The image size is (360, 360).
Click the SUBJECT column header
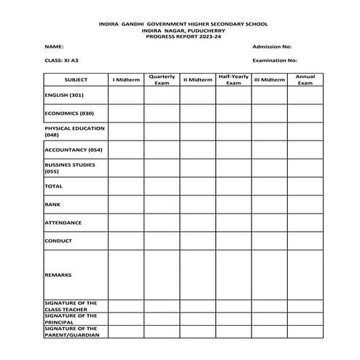coord(75,79)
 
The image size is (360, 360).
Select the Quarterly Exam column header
coord(161,79)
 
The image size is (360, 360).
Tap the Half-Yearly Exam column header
coord(233,79)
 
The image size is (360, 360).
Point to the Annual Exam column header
coord(304,79)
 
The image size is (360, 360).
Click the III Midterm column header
coord(269,79)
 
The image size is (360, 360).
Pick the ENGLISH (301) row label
coord(64,95)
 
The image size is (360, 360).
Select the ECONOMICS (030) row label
coord(69,114)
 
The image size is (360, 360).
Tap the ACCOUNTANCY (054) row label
coord(73,149)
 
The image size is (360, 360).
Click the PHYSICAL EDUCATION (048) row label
coord(74,131)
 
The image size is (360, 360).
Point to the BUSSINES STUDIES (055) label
coord(70,168)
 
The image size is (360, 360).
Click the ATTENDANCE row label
coord(63,222)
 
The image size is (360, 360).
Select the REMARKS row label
coord(58,275)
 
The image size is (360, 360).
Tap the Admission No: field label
coord(272,46)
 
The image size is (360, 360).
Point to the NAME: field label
coord(54,46)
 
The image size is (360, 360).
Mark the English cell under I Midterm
coord(125,95)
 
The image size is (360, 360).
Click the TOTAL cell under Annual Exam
coord(304,187)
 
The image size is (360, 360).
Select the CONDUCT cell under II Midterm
coord(197,240)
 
